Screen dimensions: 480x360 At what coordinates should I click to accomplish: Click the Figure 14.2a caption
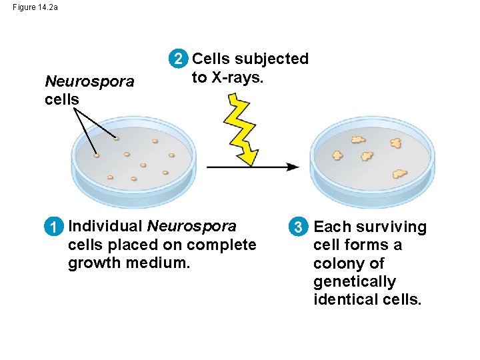pos(35,7)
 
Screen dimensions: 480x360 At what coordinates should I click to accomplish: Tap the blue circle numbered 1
pos(54,227)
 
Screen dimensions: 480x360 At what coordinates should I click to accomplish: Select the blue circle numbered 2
pos(178,59)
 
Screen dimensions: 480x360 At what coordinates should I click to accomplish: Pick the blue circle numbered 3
pos(299,227)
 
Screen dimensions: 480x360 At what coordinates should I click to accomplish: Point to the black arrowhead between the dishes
pos(293,167)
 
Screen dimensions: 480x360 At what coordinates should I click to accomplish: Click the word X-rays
pos(237,77)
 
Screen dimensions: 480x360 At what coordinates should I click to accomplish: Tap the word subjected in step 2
pos(271,59)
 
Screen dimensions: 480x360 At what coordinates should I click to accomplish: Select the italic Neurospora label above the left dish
pos(89,82)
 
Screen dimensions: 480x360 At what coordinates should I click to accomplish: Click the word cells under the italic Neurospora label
pos(62,99)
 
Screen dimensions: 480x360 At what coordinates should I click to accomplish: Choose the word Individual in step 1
pos(105,226)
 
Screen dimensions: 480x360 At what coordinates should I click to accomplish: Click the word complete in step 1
pos(221,245)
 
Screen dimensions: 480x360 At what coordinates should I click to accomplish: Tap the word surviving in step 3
pos(391,227)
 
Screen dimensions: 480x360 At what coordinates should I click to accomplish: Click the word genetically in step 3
pos(355,282)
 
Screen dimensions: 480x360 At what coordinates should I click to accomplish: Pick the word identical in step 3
pos(346,299)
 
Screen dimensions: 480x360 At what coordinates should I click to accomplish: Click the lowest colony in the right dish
pos(400,173)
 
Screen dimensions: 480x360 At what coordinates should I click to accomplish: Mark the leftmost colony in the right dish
pos(337,155)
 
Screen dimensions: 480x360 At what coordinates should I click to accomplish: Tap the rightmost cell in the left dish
pos(171,155)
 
